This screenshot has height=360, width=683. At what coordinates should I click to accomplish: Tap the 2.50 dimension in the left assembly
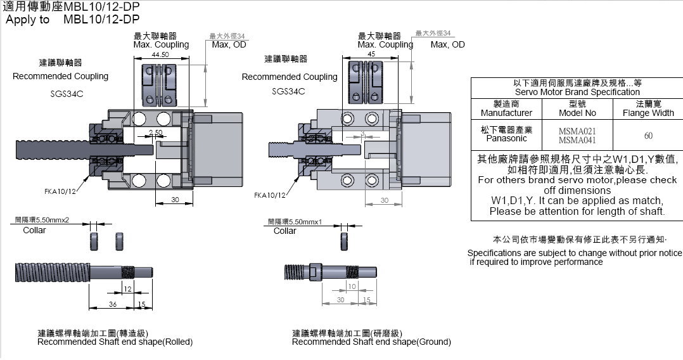click(155, 132)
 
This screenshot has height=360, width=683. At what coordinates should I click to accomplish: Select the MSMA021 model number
click(577, 131)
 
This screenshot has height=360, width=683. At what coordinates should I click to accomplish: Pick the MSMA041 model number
click(577, 139)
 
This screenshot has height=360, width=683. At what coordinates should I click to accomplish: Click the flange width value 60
click(648, 135)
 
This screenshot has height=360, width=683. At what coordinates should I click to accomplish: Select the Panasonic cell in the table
click(506, 138)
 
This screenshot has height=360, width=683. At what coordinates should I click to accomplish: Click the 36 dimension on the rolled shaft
click(113, 304)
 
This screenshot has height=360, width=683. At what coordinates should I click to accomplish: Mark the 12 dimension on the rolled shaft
click(127, 288)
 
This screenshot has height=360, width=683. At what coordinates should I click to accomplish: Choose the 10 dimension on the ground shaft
click(352, 286)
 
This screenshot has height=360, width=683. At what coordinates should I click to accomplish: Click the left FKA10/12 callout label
click(60, 191)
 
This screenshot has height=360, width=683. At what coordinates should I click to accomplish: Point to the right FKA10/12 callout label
click(270, 195)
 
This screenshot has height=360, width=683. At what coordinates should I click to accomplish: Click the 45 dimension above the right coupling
click(371, 55)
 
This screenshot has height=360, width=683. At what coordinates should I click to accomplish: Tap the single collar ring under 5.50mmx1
click(345, 241)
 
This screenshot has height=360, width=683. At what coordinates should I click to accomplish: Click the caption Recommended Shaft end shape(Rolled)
click(115, 342)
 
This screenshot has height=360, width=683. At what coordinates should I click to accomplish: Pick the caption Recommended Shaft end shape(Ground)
click(371, 342)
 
